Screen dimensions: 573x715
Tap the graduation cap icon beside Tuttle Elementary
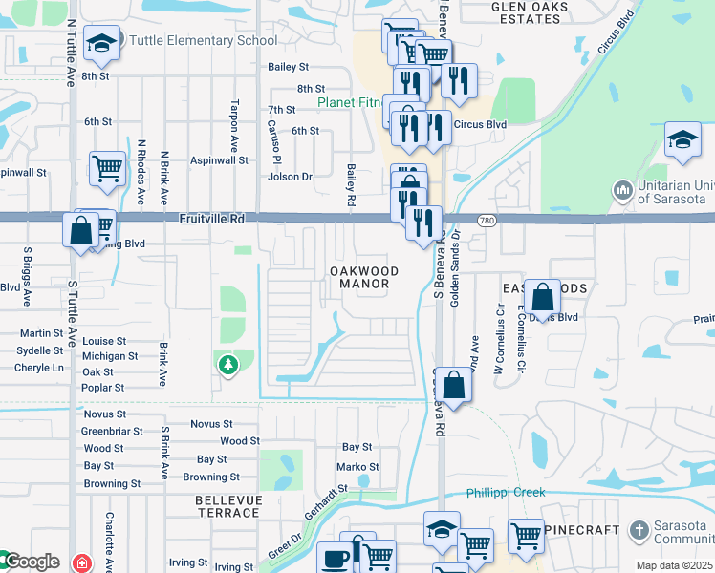click(100, 42)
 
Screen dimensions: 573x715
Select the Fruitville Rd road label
click(211, 219)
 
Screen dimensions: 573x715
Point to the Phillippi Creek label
click(506, 493)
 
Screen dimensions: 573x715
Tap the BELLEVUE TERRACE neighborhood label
click(227, 506)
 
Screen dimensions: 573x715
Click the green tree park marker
click(227, 364)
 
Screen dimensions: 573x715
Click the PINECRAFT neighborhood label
click(577, 528)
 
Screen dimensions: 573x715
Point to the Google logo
click(31, 562)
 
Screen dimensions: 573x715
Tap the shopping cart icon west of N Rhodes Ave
click(107, 168)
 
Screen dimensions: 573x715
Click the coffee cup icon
click(335, 558)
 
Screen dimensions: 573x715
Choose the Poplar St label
click(104, 388)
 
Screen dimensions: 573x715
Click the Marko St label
click(357, 467)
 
